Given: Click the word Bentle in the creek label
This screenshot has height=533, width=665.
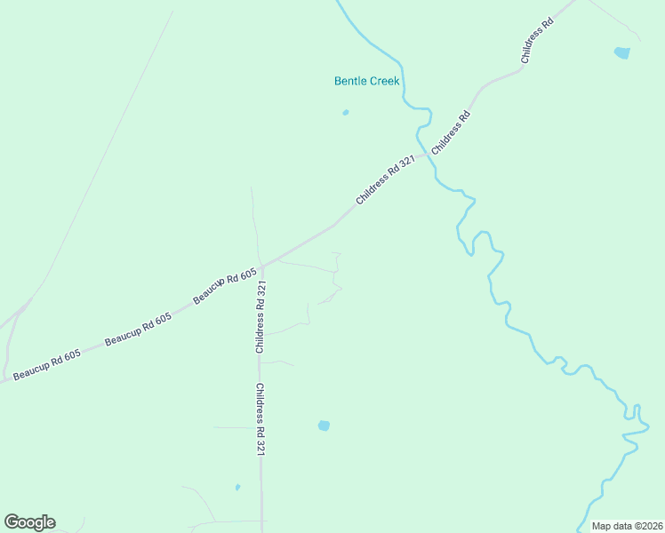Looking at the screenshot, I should [x=350, y=81].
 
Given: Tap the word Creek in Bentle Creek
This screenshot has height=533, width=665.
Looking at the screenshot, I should [x=385, y=81].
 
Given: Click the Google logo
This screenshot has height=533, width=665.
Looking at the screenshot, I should [x=29, y=522].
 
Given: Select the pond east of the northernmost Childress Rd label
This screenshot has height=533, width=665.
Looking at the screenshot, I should [x=621, y=53].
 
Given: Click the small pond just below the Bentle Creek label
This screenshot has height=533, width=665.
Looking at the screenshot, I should [x=345, y=113].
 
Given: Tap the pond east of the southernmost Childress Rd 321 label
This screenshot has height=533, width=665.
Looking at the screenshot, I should [x=324, y=426].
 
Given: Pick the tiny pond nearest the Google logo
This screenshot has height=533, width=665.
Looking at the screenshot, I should [x=237, y=487].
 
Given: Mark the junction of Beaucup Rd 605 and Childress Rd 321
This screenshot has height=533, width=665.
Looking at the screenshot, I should [x=262, y=264].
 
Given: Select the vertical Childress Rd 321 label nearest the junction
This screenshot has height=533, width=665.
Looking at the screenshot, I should [x=260, y=319].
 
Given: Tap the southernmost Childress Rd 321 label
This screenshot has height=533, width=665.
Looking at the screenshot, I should [x=260, y=420].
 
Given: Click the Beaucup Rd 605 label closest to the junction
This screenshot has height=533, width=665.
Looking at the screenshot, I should [x=225, y=286].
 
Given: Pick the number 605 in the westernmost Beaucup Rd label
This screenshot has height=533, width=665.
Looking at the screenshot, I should [x=70, y=355].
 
